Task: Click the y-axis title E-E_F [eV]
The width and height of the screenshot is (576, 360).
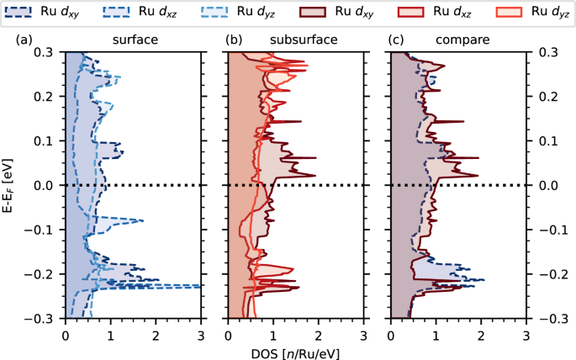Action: pos(11,185)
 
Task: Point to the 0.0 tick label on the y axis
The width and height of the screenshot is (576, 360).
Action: pos(45,185)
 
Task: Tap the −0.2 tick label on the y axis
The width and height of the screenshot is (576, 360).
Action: pos(40,274)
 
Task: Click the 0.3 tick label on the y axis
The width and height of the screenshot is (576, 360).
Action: pos(45,52)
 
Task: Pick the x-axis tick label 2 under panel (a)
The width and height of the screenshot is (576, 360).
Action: pos(156,335)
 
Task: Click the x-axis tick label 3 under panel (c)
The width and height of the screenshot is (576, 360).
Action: pos(526,335)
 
